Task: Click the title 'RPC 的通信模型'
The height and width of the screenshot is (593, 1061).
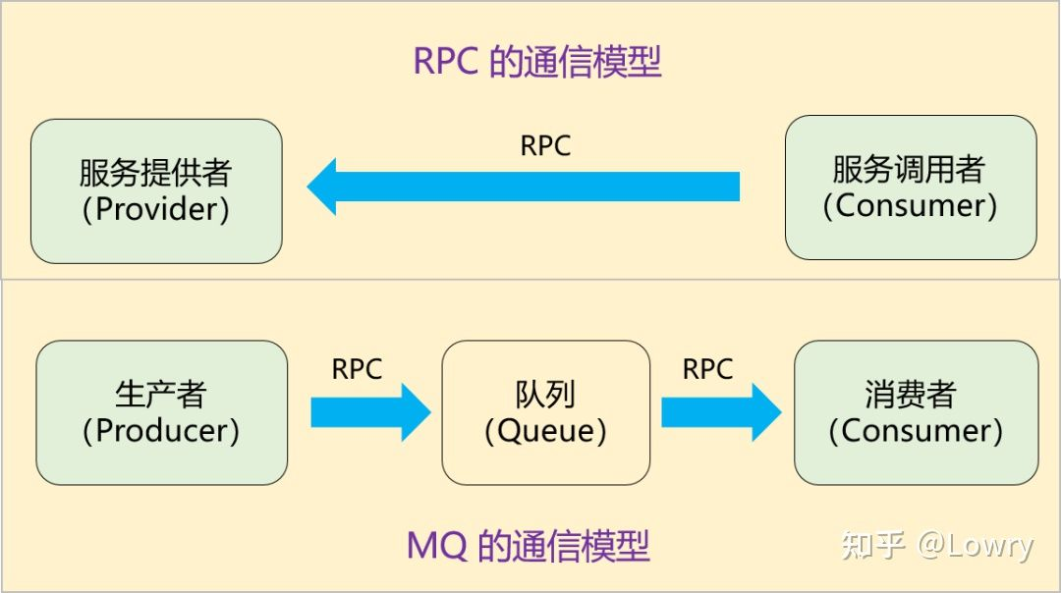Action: point(537,61)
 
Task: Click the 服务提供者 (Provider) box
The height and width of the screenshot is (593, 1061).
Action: point(156,191)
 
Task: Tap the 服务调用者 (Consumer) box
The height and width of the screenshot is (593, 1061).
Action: point(910,188)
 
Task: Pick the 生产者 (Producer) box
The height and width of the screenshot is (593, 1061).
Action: point(161,412)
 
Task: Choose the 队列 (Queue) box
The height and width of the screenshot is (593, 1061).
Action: point(545,412)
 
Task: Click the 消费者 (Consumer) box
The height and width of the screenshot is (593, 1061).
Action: point(916,412)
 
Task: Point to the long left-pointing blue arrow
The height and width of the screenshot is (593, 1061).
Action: point(523,186)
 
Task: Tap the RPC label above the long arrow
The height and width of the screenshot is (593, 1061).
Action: point(545,145)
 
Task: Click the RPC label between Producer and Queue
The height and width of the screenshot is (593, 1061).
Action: point(357,369)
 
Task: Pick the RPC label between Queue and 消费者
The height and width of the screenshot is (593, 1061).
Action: point(707,369)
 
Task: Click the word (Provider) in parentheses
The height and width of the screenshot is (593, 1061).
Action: point(156,210)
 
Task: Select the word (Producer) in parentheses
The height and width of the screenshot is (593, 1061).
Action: point(161,430)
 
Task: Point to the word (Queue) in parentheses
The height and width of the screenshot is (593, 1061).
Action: point(545,430)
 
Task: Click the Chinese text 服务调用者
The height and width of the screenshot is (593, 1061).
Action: point(909,170)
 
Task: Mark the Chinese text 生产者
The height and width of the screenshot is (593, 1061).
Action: point(161,394)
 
